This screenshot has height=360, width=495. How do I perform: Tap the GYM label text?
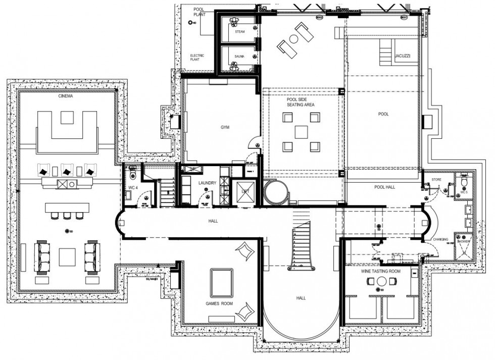pyautogui.click(x=225, y=128)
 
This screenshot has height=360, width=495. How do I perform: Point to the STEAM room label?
pyautogui.click(x=240, y=32)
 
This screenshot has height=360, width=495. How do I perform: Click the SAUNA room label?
pyautogui.click(x=240, y=57)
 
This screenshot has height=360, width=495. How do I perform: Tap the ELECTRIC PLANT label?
pyautogui.click(x=195, y=57)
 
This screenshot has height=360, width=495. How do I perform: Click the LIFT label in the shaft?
pyautogui.click(x=245, y=191)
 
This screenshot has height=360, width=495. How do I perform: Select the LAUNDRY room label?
pyautogui.click(x=207, y=183)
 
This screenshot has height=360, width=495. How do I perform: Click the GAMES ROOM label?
pyautogui.click(x=219, y=304)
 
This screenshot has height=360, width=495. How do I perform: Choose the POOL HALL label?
pyautogui.click(x=385, y=187)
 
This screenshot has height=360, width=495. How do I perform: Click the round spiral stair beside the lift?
pyautogui.click(x=276, y=192)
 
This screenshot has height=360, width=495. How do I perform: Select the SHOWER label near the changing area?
pyautogui.click(x=464, y=242)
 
